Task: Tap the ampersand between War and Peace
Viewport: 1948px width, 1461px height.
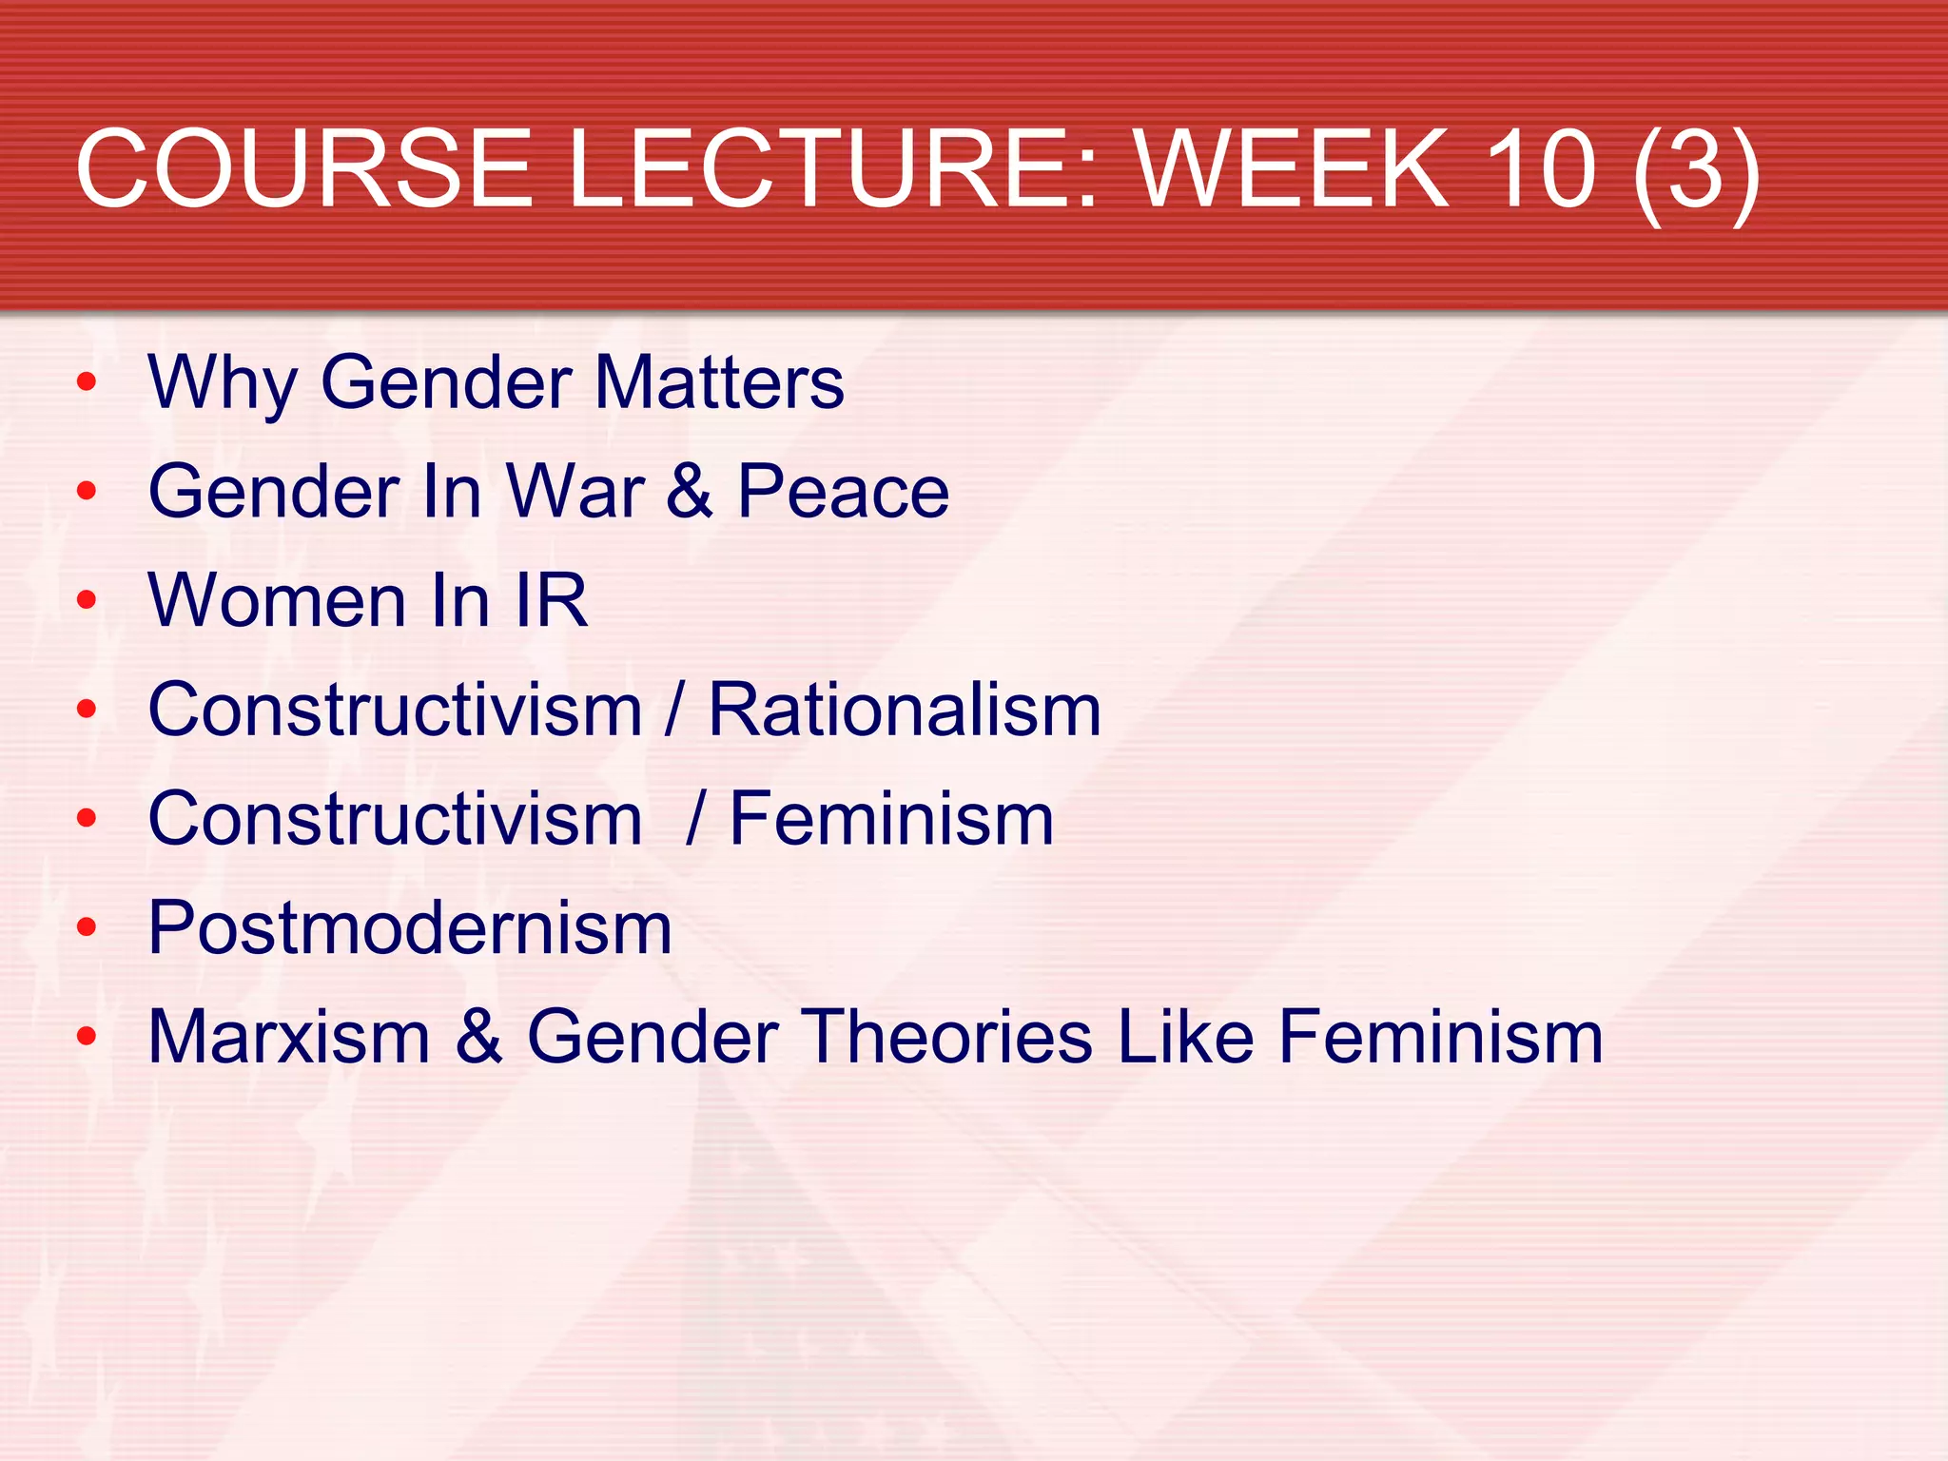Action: pyautogui.click(x=690, y=492)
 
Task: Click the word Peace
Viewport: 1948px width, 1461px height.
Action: pyautogui.click(x=843, y=492)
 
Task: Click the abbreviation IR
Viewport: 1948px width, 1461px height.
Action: pyautogui.click(x=551, y=601)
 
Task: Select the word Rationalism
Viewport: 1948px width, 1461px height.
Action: pyautogui.click(x=905, y=711)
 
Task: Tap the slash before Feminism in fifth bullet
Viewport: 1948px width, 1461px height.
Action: pyautogui.click(x=695, y=819)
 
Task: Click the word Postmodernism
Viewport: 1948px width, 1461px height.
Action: pyautogui.click(x=410, y=928)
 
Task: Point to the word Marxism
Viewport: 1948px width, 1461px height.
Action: pyautogui.click(x=289, y=1037)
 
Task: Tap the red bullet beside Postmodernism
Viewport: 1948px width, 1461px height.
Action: pyautogui.click(x=87, y=927)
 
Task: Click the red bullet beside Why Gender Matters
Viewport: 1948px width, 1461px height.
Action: pyautogui.click(x=87, y=382)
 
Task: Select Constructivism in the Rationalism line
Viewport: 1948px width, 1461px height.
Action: pyautogui.click(x=396, y=711)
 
